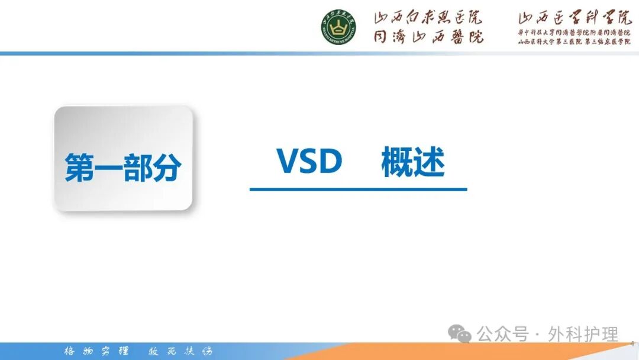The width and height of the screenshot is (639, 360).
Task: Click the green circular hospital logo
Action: (x=338, y=28)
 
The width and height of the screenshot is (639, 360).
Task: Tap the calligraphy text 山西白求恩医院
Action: (x=428, y=18)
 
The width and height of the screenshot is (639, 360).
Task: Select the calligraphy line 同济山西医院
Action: (x=428, y=36)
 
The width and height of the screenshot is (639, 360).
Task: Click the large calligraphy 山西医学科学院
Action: (x=575, y=18)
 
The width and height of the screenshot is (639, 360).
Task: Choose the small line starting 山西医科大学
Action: (x=575, y=41)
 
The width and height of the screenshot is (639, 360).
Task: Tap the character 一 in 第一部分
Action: (x=108, y=168)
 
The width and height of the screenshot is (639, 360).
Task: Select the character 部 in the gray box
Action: (x=137, y=168)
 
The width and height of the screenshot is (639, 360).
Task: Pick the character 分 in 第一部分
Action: (x=166, y=168)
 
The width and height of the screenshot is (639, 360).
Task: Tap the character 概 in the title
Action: (x=396, y=162)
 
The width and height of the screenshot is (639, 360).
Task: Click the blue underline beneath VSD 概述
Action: (x=358, y=189)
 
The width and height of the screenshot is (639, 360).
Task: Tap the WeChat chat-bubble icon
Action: (x=460, y=334)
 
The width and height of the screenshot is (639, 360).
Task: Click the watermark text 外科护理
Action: (x=583, y=334)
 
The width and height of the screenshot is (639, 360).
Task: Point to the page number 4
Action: (x=632, y=343)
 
